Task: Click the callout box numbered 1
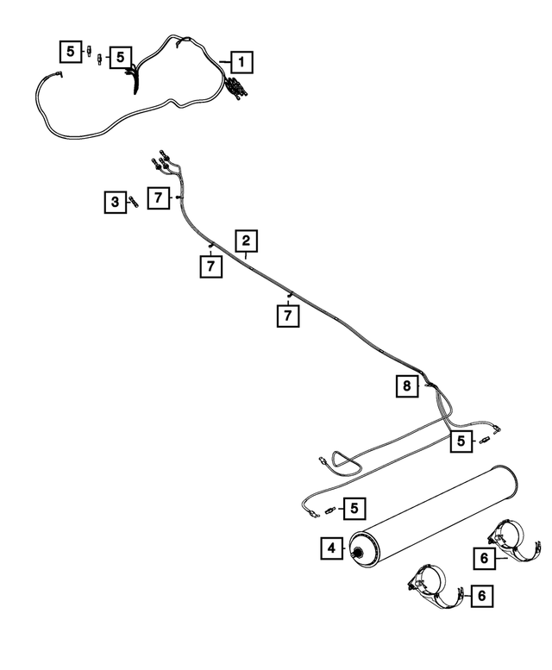(241, 62)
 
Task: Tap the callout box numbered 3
(114, 203)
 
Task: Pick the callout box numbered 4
(331, 548)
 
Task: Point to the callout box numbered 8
(405, 386)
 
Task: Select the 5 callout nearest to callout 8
(461, 441)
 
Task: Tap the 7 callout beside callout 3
(158, 198)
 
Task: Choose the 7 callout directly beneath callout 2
(210, 267)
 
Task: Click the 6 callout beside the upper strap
(485, 559)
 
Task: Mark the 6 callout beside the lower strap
(481, 595)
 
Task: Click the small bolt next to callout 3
(134, 202)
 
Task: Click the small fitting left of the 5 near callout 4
(329, 510)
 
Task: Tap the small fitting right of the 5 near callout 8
(485, 440)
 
